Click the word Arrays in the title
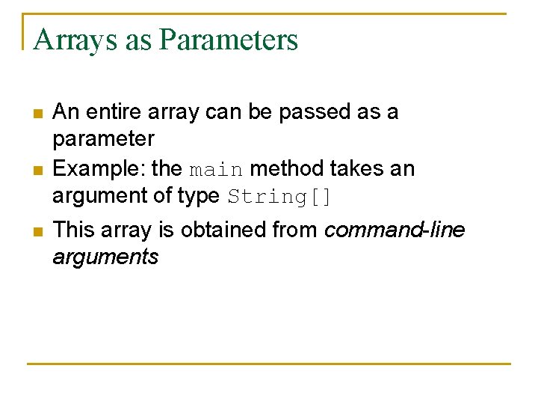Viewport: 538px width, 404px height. coord(75,40)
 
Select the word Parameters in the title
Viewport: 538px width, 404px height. coord(228,40)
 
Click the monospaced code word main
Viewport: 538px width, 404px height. coord(216,170)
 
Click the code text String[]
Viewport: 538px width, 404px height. coord(279,197)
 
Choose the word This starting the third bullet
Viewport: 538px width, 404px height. coord(73,230)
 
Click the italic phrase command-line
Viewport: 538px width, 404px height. coord(394,230)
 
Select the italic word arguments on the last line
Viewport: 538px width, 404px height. coord(105,257)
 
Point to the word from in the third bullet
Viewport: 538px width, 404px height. coord(296,230)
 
